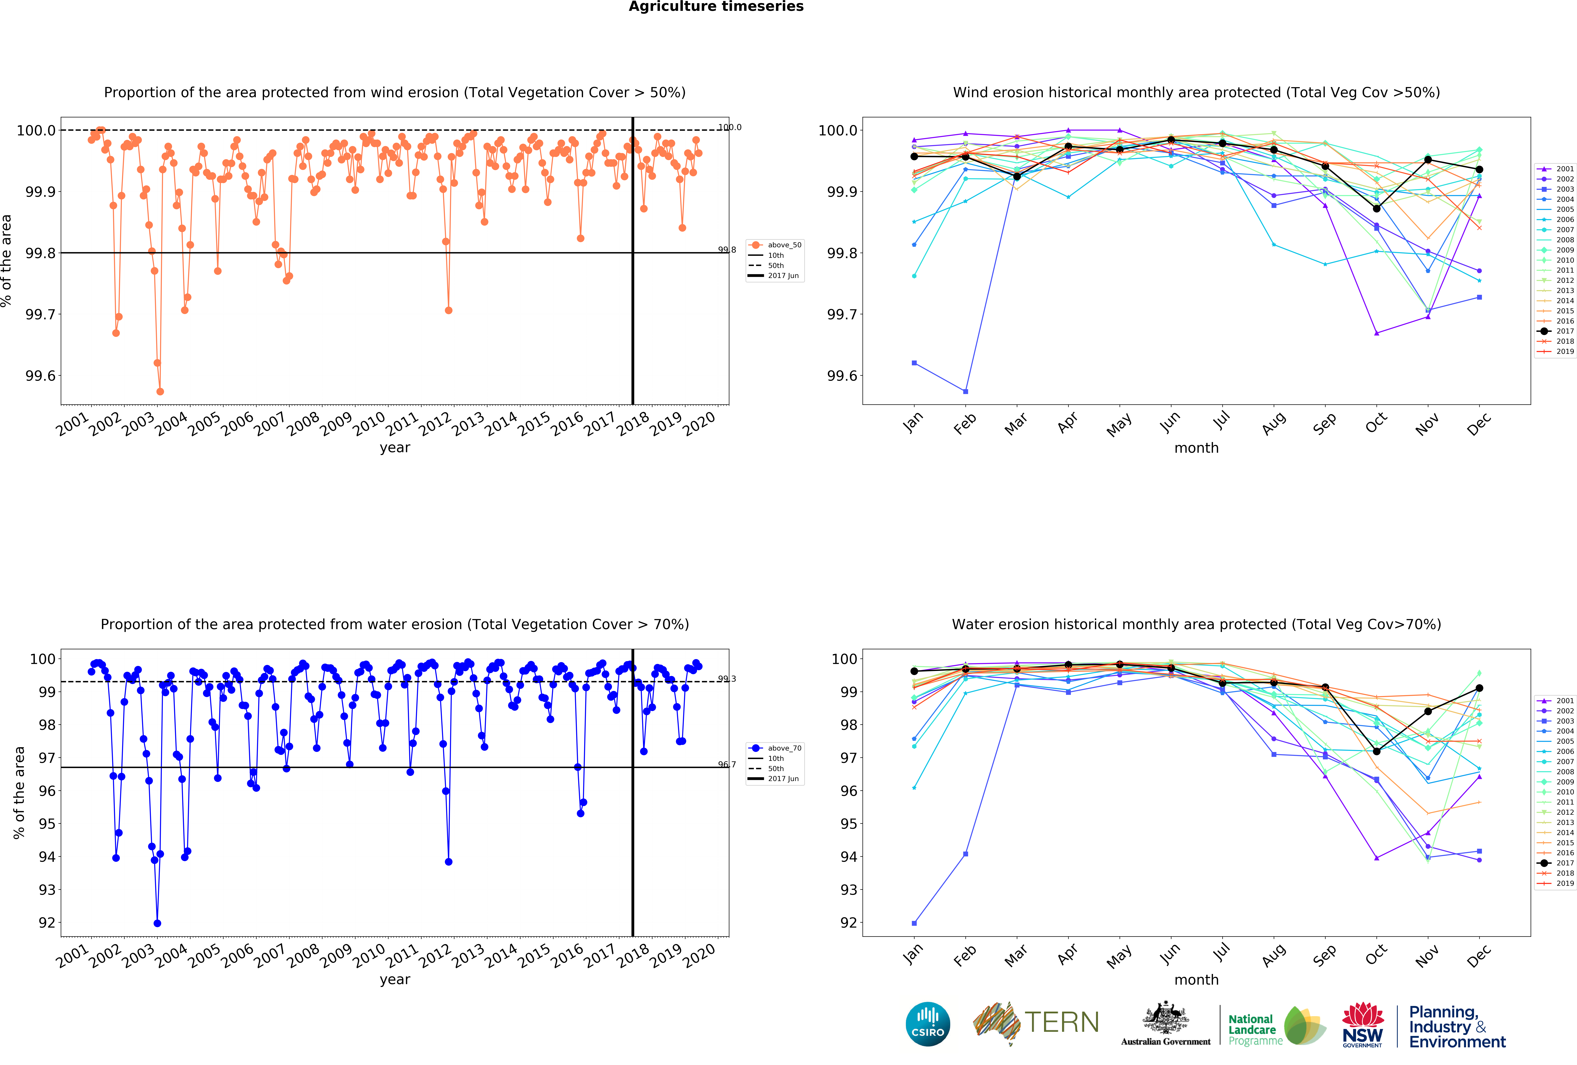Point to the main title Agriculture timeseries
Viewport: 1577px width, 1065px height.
pyautogui.click(x=716, y=7)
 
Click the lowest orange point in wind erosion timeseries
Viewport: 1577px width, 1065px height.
pyautogui.click(x=160, y=391)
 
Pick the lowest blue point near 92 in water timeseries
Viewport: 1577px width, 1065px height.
pyautogui.click(x=157, y=923)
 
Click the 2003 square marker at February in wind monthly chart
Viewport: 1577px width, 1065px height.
pyautogui.click(x=966, y=391)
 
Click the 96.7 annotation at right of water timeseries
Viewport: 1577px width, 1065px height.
pyautogui.click(x=727, y=765)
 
